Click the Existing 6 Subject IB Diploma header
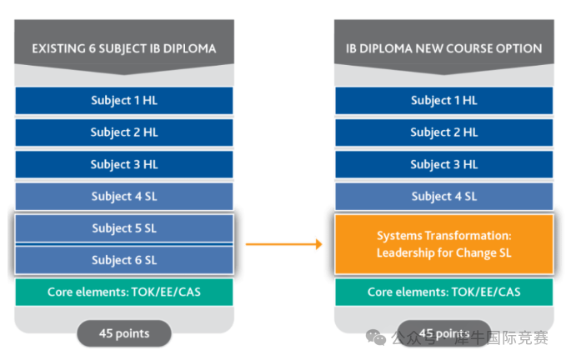pyautogui.click(x=123, y=48)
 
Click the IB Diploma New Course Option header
pyautogui.click(x=443, y=48)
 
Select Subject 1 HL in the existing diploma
pyautogui.click(x=124, y=101)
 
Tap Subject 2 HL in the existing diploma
pyautogui.click(x=124, y=132)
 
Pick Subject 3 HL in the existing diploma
pyautogui.click(x=124, y=164)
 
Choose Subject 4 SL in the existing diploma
pyautogui.click(x=124, y=196)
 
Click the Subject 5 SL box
pyautogui.click(x=124, y=228)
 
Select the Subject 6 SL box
pyautogui.click(x=124, y=260)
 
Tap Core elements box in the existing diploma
pyautogui.click(x=124, y=292)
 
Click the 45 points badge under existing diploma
pyautogui.click(x=124, y=333)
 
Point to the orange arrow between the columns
pyautogui.click(x=283, y=244)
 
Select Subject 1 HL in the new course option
pyautogui.click(x=443, y=101)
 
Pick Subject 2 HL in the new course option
pyautogui.click(x=443, y=132)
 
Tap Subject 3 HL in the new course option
pyautogui.click(x=443, y=164)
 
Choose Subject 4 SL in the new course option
pyautogui.click(x=443, y=196)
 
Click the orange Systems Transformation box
pyautogui.click(x=443, y=244)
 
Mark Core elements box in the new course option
pyautogui.click(x=443, y=292)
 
